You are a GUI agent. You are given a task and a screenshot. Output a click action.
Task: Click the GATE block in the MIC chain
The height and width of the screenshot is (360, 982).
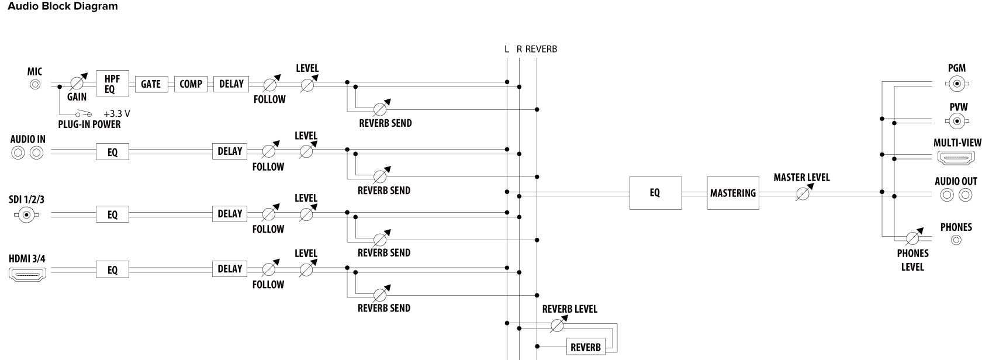[151, 84]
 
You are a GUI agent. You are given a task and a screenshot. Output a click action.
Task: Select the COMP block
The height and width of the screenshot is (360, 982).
[191, 84]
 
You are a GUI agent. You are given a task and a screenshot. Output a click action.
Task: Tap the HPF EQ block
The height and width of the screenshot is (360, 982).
[112, 84]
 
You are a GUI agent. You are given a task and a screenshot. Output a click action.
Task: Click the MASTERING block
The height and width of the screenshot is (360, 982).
[732, 193]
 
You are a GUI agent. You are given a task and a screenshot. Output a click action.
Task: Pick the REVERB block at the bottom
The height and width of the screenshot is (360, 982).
[586, 347]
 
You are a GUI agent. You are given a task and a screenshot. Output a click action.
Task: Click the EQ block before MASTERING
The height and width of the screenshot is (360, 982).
[655, 193]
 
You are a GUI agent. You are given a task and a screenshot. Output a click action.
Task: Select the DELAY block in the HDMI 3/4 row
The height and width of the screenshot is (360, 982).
[230, 269]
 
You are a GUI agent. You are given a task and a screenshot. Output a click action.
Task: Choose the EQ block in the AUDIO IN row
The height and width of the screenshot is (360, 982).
[112, 152]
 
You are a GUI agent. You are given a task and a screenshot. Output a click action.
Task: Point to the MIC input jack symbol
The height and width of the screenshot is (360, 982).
[35, 84]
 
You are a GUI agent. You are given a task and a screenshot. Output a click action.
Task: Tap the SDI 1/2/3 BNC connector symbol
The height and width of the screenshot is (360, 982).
[25, 215]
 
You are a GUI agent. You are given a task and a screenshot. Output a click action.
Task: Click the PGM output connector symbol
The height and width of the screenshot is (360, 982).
[956, 84]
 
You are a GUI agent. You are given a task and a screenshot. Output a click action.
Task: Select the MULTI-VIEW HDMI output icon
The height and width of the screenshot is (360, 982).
[956, 158]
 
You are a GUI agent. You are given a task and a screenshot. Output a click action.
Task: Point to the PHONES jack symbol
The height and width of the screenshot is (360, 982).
[956, 240]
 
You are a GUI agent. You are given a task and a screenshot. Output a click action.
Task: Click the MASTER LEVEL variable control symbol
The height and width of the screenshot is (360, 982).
[803, 193]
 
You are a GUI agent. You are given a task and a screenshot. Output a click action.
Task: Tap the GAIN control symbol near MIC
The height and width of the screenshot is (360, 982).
[77, 84]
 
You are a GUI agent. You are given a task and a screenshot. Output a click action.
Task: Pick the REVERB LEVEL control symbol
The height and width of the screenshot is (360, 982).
[558, 324]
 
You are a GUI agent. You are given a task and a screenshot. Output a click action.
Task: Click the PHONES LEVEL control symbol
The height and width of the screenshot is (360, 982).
[913, 238]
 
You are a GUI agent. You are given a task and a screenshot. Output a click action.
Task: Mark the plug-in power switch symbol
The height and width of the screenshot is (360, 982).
[84, 114]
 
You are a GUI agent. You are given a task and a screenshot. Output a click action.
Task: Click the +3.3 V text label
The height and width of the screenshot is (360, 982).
[116, 114]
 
